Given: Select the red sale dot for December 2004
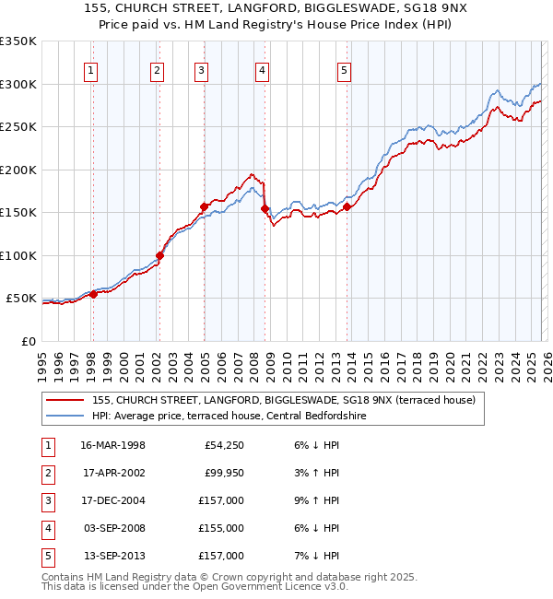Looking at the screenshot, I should (204, 206).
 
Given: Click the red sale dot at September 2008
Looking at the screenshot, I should (265, 209).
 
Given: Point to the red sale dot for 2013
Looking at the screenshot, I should (347, 207).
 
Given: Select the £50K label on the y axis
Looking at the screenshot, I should (22, 299).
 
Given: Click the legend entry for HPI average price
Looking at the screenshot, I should (229, 417).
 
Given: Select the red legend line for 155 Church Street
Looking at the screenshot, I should (65, 400).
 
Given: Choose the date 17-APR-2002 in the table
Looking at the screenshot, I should (113, 474).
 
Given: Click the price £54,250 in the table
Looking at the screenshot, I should (224, 446).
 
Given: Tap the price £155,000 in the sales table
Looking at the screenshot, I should (221, 529).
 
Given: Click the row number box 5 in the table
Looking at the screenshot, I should (46, 557).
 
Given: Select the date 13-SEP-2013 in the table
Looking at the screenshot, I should (113, 557).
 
